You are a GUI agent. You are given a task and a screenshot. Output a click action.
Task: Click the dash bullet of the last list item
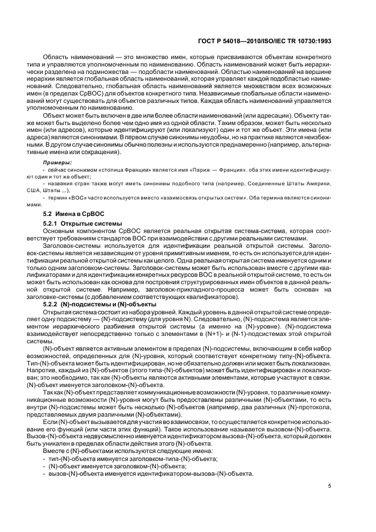pyautogui.click(x=45, y=473)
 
